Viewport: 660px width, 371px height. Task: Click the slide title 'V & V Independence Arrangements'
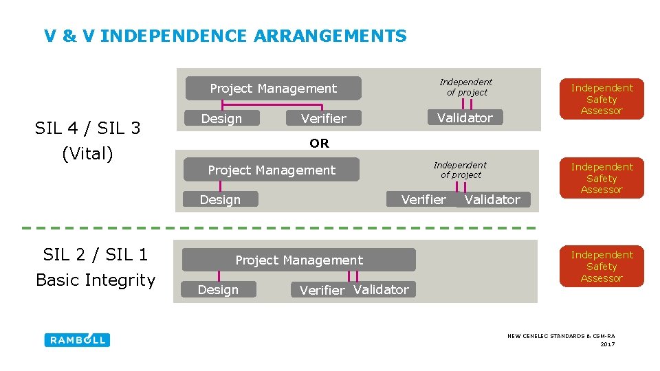225,36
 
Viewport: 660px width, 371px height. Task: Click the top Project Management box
273,88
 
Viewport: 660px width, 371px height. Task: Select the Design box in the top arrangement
221,119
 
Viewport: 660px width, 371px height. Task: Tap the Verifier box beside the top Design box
323,119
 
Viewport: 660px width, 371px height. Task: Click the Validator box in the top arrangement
465,118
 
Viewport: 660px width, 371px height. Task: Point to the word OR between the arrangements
319,144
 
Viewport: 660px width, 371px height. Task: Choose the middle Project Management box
272,170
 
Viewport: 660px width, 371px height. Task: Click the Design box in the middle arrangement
220,200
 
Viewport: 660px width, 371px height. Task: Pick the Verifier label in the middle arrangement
423,199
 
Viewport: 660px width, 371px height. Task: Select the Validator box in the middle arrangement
492,200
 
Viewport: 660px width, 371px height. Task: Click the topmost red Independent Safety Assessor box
602,99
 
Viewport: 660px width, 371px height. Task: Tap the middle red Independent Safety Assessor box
602,178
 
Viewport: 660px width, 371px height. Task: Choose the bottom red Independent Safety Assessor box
602,266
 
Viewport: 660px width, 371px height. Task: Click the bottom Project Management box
299,260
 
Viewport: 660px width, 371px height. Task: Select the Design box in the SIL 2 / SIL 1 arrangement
218,290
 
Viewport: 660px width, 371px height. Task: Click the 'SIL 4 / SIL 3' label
88,128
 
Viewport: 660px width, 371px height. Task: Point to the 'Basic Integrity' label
96,280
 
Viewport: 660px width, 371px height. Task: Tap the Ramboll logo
77,340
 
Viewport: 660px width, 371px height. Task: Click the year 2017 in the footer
607,344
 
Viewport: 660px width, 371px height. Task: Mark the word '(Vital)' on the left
87,154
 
